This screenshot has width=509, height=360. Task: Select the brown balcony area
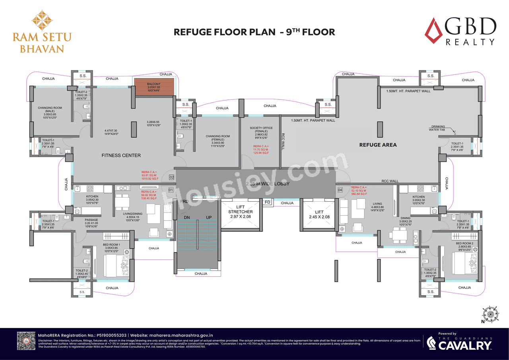coord(154,87)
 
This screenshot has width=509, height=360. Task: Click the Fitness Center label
coord(121,155)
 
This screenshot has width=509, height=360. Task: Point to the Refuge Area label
coord(378,145)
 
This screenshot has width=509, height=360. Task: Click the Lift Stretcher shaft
coord(241,215)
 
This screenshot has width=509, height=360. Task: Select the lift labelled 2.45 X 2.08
coord(319,215)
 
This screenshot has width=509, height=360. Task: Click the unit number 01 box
coord(171,190)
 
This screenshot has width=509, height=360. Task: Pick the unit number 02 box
coord(171,177)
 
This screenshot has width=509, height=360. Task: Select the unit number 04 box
coord(340,190)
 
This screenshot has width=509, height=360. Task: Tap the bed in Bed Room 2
coord(464,263)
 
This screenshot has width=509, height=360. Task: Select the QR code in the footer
coord(26,342)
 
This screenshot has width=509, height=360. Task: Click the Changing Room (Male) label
coord(50,111)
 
